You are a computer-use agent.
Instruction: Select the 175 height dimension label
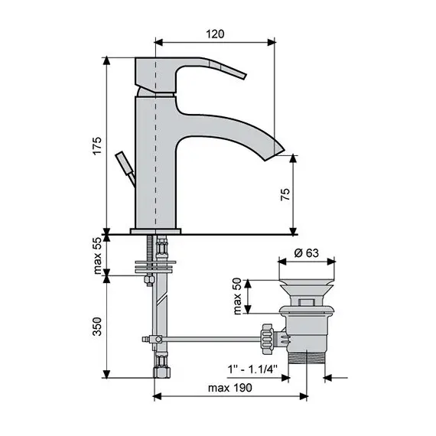pyautogui.click(x=96, y=145)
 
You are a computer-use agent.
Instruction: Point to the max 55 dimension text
pyautogui.click(x=97, y=256)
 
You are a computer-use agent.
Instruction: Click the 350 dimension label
pyautogui.click(x=97, y=329)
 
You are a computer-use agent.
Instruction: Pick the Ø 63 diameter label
pyautogui.click(x=305, y=254)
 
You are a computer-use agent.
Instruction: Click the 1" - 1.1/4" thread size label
pyautogui.click(x=252, y=369)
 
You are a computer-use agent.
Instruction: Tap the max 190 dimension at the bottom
pyautogui.click(x=231, y=387)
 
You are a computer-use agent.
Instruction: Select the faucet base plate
pyautogui.click(x=156, y=229)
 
